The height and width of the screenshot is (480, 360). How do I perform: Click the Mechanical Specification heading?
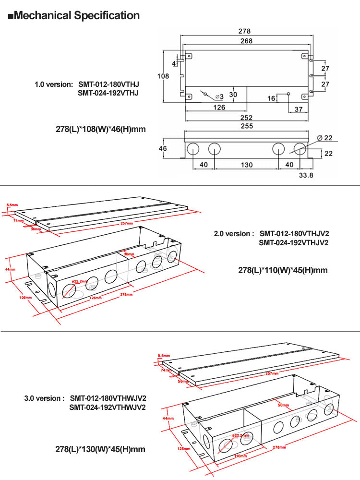click(x=74, y=15)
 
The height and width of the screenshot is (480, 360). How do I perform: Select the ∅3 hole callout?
click(x=219, y=97)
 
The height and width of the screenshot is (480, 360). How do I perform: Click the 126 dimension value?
click(x=219, y=108)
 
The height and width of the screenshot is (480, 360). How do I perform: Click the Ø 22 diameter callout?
click(x=326, y=138)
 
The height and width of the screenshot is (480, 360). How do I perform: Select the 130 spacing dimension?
click(x=246, y=165)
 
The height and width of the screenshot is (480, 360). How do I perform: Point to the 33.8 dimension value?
click(x=306, y=176)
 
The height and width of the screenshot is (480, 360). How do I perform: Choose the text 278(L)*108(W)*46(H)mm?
click(x=101, y=129)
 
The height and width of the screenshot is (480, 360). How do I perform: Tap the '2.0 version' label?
click(x=234, y=234)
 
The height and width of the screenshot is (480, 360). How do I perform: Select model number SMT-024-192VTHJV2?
click(x=294, y=243)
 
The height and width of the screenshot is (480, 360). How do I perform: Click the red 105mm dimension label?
click(x=25, y=298)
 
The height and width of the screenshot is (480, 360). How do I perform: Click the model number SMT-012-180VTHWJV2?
click(x=108, y=398)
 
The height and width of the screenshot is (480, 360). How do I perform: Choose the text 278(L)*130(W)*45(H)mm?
click(x=100, y=450)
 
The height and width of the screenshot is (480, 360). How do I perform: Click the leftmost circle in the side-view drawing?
click(x=193, y=149)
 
